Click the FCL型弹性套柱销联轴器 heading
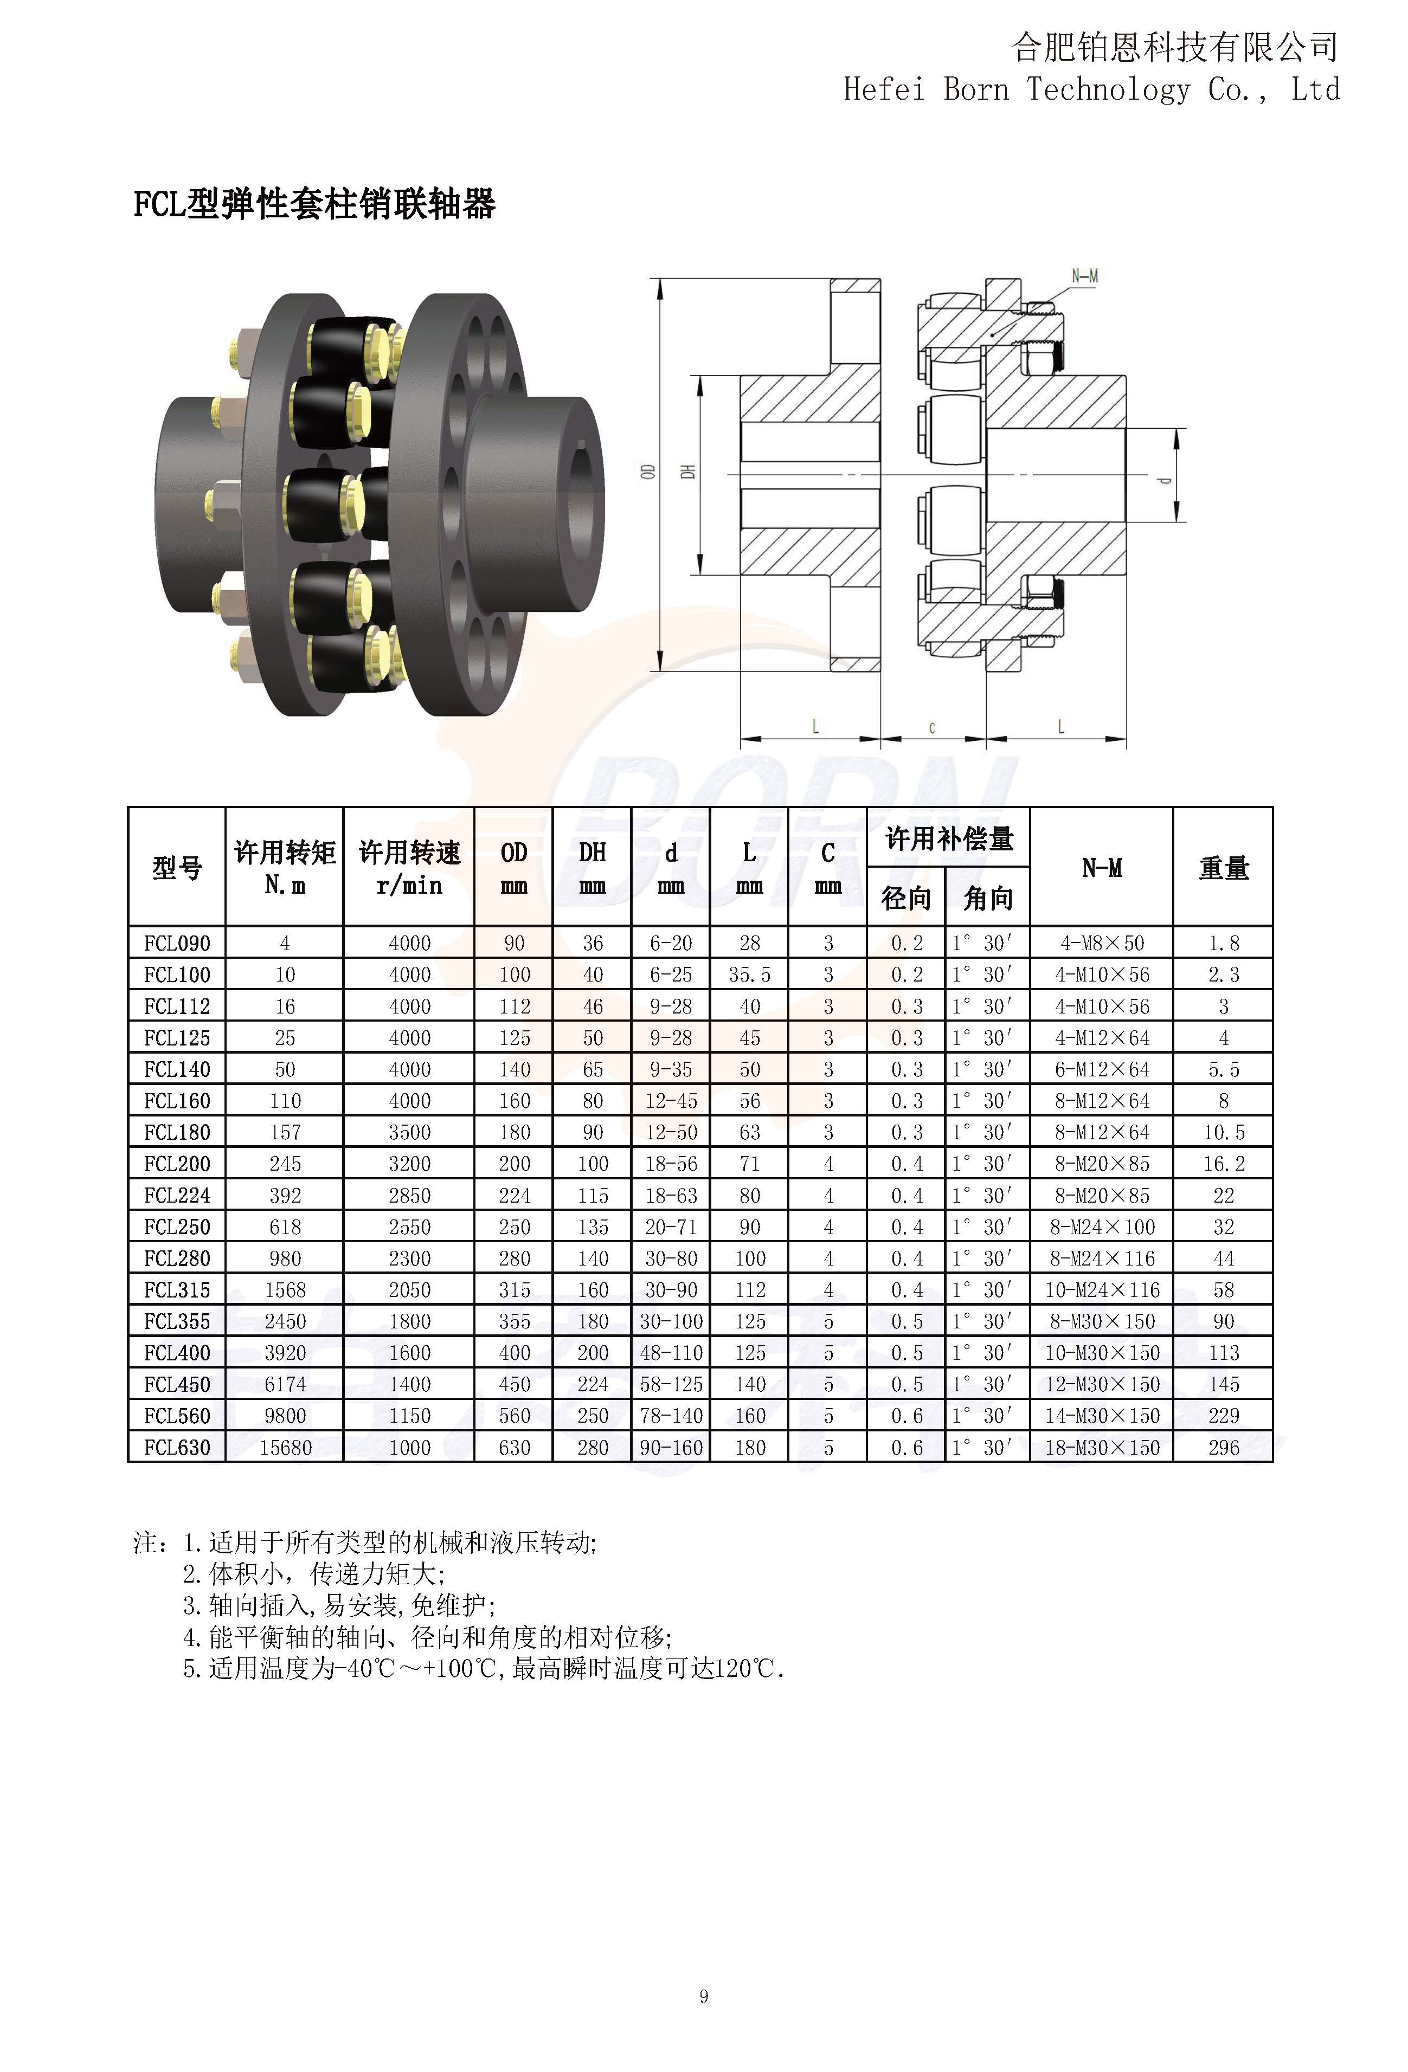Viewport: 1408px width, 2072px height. point(314,204)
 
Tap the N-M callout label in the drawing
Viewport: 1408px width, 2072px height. point(1084,276)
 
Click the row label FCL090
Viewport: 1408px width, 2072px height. point(177,943)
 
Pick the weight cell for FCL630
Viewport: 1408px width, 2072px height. point(1224,1447)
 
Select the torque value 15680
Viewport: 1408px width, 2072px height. point(285,1447)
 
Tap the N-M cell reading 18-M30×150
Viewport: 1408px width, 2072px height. point(1102,1447)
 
